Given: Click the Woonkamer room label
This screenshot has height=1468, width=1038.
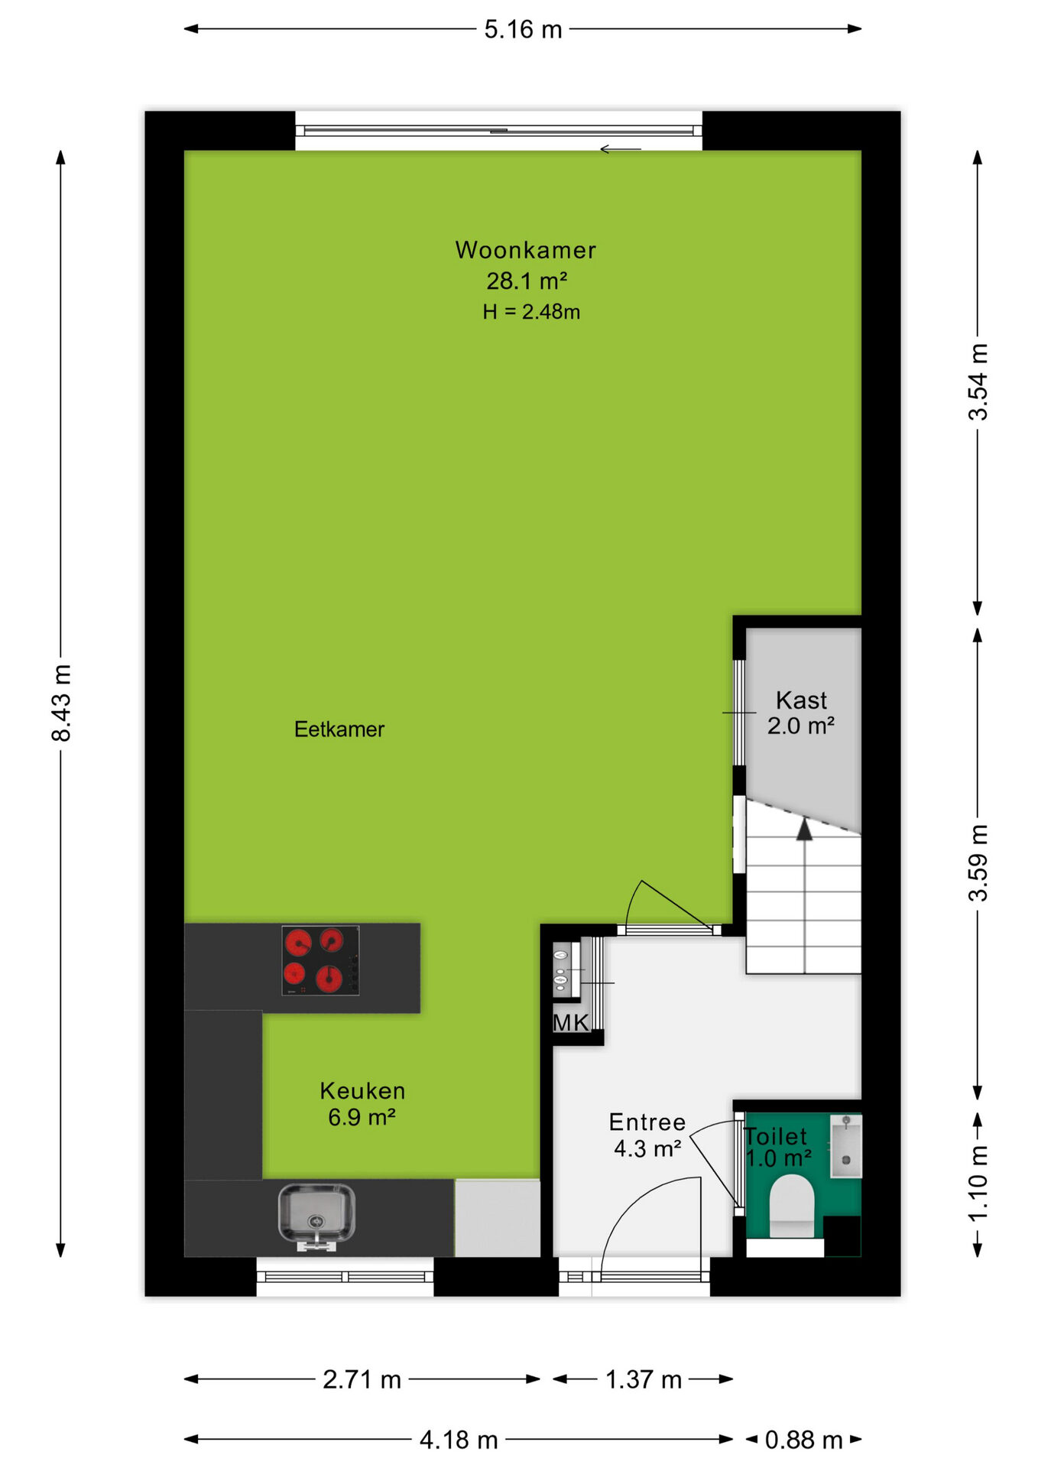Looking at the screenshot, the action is pyautogui.click(x=525, y=250).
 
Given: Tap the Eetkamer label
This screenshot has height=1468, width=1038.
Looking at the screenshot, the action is pyautogui.click(x=339, y=729).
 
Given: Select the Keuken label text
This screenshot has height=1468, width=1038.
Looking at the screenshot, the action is pyautogui.click(x=362, y=1091).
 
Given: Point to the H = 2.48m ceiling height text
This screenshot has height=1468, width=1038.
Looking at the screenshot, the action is pyautogui.click(x=531, y=312).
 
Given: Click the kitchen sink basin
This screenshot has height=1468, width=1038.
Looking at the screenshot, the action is pyautogui.click(x=316, y=1213).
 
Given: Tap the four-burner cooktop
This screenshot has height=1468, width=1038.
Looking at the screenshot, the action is pyautogui.click(x=320, y=960).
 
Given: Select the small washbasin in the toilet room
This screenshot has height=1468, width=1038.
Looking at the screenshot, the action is pyautogui.click(x=846, y=1145).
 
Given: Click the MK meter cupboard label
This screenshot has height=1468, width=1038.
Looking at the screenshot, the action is pyautogui.click(x=570, y=1023).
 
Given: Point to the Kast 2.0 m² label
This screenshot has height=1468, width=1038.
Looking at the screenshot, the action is pyautogui.click(x=801, y=713).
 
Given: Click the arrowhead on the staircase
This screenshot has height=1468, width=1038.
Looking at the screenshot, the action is pyautogui.click(x=804, y=829).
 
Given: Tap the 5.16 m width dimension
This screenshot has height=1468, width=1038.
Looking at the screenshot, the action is pyautogui.click(x=523, y=29).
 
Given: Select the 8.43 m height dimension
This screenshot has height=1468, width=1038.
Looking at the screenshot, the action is pyautogui.click(x=61, y=703).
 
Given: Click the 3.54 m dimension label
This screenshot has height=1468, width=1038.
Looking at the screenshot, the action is pyautogui.click(x=978, y=382).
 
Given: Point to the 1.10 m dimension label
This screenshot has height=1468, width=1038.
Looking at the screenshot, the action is pyautogui.click(x=978, y=1184).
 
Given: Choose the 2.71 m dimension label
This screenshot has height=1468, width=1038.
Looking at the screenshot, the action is pyautogui.click(x=362, y=1379).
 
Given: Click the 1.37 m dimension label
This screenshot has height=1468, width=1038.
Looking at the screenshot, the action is pyautogui.click(x=644, y=1379).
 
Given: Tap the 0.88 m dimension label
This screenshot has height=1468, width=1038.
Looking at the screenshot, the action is pyautogui.click(x=803, y=1440).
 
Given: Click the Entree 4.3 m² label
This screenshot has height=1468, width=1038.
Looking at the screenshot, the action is pyautogui.click(x=647, y=1135).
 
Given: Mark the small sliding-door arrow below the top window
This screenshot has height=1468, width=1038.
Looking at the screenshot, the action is pyautogui.click(x=620, y=149).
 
